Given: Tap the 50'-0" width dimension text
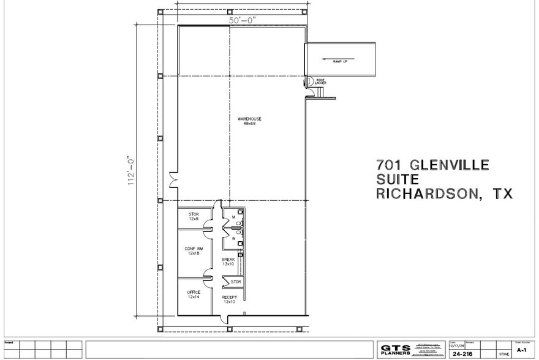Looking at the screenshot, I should click(242, 20).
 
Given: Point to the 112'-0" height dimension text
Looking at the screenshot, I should click(130, 170).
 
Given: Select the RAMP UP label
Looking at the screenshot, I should click(340, 62).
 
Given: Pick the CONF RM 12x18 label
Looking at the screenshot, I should click(194, 250).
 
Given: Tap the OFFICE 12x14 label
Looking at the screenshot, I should click(194, 294).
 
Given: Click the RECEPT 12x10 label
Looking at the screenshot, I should click(230, 299).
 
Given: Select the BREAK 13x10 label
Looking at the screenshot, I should click(228, 261).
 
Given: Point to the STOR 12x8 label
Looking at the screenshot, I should click(194, 216).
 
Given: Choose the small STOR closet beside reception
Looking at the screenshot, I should click(235, 282).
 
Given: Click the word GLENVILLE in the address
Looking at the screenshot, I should click(443, 165).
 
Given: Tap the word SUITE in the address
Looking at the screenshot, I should click(398, 179).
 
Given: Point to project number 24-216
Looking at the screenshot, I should click(462, 353).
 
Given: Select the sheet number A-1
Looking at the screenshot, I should click(522, 350).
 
